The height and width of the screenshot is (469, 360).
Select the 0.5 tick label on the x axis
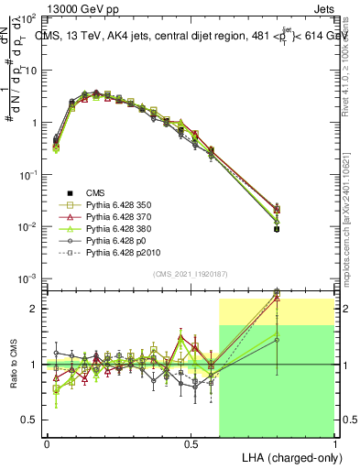coord(191,443)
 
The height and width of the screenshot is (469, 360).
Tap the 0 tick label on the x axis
coord(47,443)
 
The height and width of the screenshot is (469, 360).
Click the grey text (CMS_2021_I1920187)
coord(191,274)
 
